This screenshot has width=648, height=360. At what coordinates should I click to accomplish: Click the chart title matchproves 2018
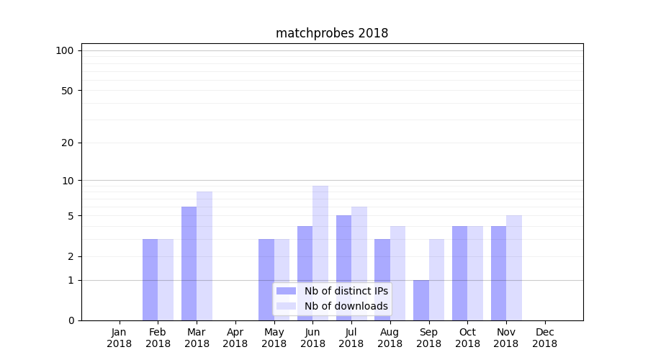332,33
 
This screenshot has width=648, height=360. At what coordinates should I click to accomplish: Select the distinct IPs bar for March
189,263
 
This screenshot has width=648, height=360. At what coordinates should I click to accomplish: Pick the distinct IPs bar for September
421,300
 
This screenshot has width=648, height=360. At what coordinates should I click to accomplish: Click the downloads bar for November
513,267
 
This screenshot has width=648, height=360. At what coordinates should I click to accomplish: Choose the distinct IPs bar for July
343,267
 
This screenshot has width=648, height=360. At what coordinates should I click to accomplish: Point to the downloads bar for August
398,273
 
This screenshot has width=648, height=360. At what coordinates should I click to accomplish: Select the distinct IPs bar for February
150,279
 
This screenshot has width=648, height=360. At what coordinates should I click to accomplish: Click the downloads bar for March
204,256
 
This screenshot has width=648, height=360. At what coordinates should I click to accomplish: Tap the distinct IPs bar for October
459,273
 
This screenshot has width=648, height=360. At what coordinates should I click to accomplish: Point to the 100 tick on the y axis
65,50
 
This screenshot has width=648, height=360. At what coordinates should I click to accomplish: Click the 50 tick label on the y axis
68,91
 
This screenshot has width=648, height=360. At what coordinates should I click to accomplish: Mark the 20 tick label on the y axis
68,143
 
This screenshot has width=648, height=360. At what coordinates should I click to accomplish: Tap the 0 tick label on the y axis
71,320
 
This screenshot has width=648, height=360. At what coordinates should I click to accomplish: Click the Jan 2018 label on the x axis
120,338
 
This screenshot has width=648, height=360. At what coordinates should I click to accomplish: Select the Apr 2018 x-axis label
235,338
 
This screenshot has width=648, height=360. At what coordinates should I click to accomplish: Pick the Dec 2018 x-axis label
544,338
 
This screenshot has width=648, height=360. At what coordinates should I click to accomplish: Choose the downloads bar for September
436,279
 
